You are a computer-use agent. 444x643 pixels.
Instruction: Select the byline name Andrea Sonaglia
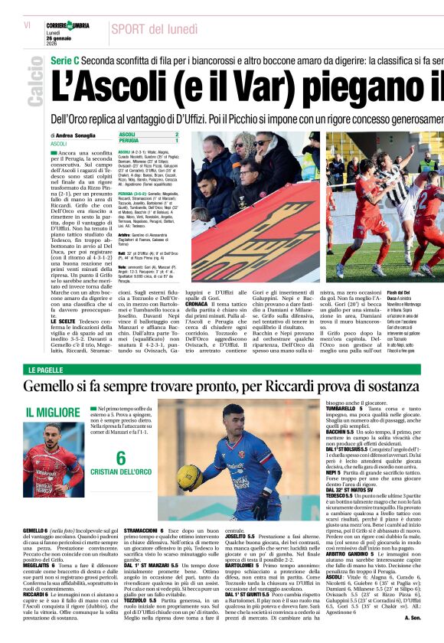(x=77, y=135)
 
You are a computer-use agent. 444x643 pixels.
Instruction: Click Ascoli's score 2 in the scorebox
(x=177, y=135)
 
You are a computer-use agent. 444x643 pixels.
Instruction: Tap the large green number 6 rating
(x=120, y=459)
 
